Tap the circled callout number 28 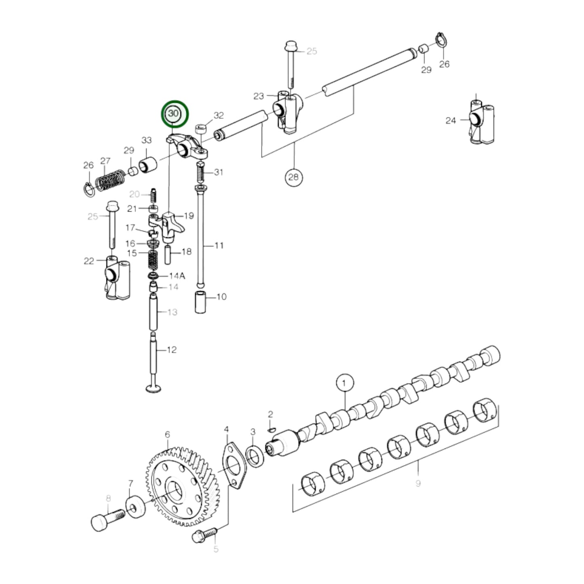coord(294,177)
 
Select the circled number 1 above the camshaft coord(344,382)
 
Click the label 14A coord(177,276)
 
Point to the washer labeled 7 coord(134,508)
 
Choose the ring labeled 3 coord(255,457)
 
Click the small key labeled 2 coord(272,429)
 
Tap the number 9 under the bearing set coord(418,483)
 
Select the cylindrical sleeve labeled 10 coord(201,301)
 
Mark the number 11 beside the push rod coord(219,245)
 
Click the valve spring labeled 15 coord(152,260)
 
